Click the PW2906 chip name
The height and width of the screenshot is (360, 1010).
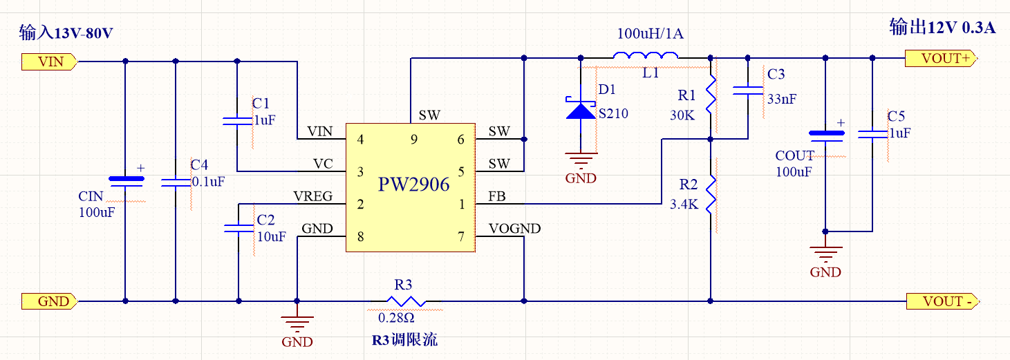pyautogui.click(x=413, y=185)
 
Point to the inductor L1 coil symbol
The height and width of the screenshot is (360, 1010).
pyautogui.click(x=646, y=57)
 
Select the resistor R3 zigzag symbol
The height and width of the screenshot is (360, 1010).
pyautogui.click(x=405, y=301)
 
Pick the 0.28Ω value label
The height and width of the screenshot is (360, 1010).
pyautogui.click(x=396, y=319)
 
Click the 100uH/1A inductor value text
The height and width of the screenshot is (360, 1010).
pyautogui.click(x=650, y=34)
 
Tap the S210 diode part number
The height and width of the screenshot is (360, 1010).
pyautogui.click(x=613, y=113)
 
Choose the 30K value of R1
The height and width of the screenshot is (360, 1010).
pyautogui.click(x=682, y=115)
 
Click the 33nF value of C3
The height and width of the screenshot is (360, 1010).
pyautogui.click(x=781, y=99)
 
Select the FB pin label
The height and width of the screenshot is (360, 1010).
pyautogui.click(x=496, y=197)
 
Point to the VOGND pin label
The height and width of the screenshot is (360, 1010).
pyautogui.click(x=514, y=229)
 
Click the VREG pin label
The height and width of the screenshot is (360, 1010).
pyautogui.click(x=312, y=196)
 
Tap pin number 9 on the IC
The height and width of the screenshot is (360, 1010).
pyautogui.click(x=413, y=140)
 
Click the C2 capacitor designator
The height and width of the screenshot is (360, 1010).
pyautogui.click(x=265, y=220)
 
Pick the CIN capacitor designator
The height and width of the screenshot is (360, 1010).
pyautogui.click(x=91, y=197)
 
